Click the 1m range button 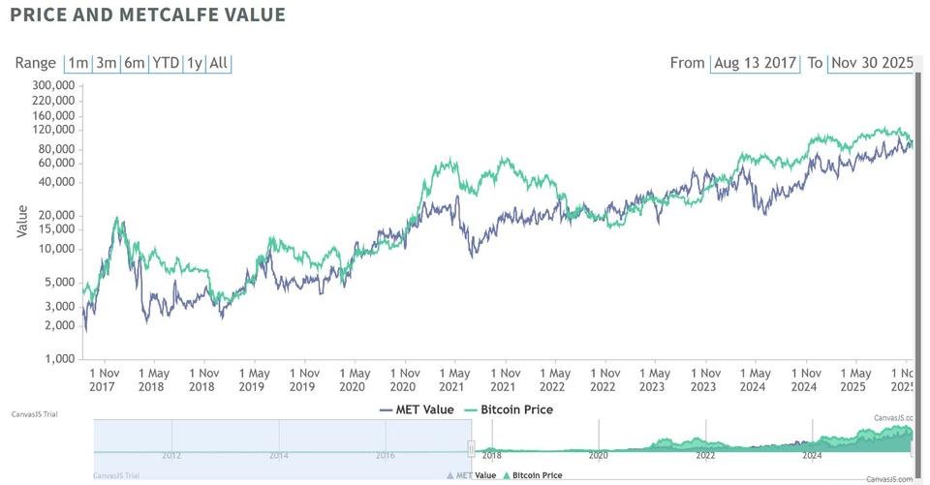pyautogui.click(x=77, y=63)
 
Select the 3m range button pyautogui.click(x=106, y=63)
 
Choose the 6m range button pyautogui.click(x=135, y=63)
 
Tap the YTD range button pyautogui.click(x=167, y=63)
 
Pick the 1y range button pyautogui.click(x=195, y=63)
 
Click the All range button pyautogui.click(x=219, y=63)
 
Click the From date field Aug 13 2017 pyautogui.click(x=755, y=63)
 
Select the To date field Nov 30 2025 pyautogui.click(x=870, y=63)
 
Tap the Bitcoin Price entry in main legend pyautogui.click(x=508, y=409)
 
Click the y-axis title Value pyautogui.click(x=22, y=220)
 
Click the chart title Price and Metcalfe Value pyautogui.click(x=147, y=15)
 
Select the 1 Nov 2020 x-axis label pyautogui.click(x=404, y=379)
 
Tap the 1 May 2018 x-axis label pyautogui.click(x=153, y=379)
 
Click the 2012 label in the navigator pyautogui.click(x=171, y=455)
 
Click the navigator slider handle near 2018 pyautogui.click(x=472, y=448)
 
